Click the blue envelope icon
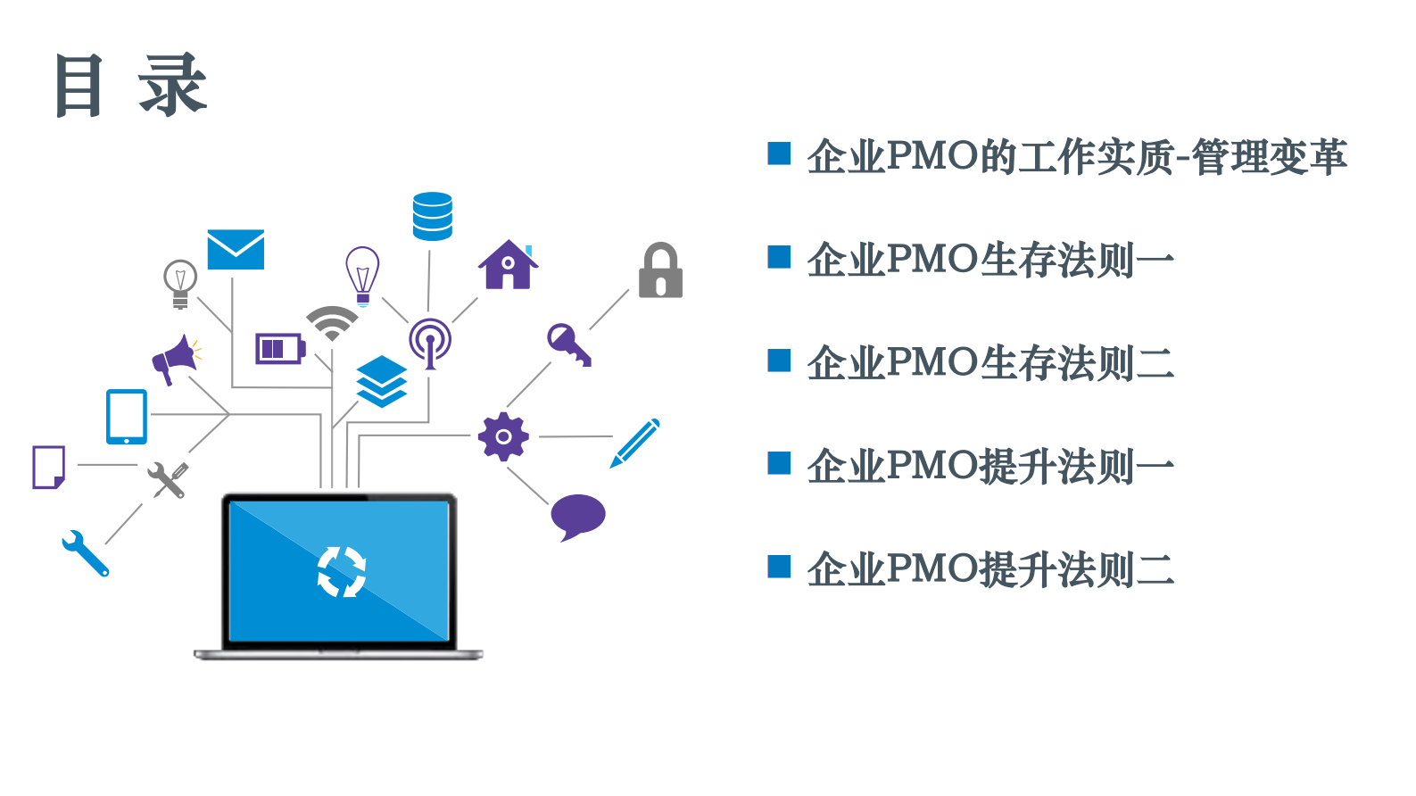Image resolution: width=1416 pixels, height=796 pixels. point(236,250)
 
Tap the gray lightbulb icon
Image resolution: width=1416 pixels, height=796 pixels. point(180,283)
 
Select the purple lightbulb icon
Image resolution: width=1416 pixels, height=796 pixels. point(362,275)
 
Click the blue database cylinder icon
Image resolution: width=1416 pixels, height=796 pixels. point(433,217)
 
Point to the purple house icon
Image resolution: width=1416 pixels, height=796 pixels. point(508,265)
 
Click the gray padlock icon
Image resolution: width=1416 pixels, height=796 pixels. point(660,270)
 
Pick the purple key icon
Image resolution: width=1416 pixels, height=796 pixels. point(568,344)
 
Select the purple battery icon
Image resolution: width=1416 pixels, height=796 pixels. point(279,348)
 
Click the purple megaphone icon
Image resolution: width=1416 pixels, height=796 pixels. point(175,359)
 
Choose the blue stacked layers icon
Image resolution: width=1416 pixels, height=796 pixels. point(382,381)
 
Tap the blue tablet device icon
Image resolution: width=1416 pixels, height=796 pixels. point(127,417)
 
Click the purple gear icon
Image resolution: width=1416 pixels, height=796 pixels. point(503,436)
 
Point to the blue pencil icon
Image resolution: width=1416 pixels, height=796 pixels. point(635,443)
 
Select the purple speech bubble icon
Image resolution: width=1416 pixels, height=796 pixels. point(577,517)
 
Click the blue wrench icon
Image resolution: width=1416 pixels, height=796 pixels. point(85,553)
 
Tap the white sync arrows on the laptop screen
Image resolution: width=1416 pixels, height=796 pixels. point(342,571)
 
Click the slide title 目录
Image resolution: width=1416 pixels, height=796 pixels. point(131,86)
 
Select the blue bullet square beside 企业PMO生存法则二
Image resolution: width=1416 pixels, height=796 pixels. point(779,361)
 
